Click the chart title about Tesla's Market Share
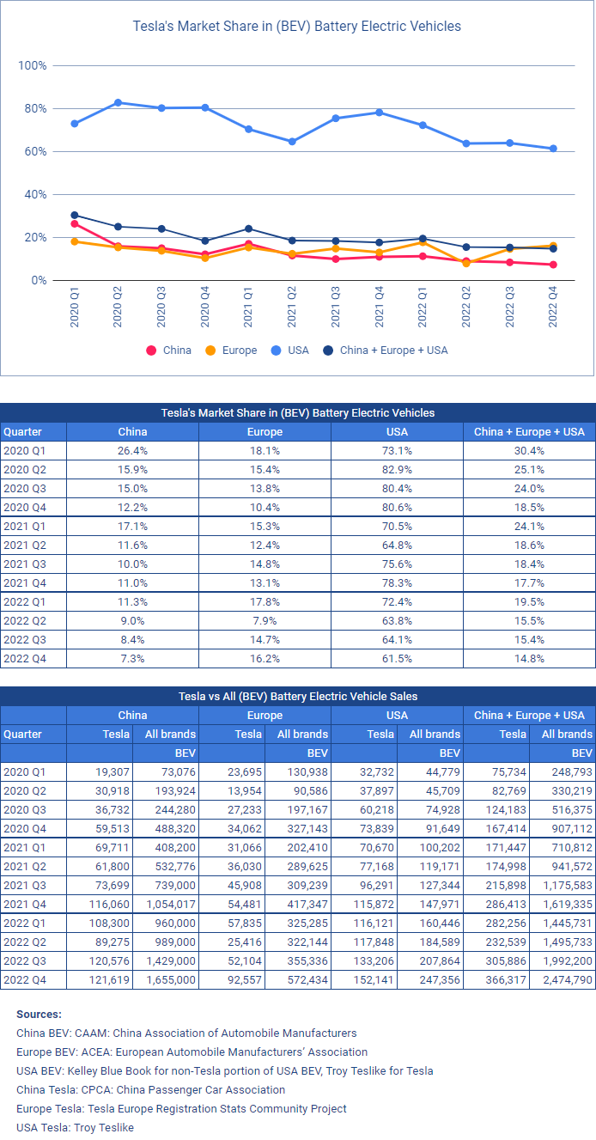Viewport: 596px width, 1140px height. click(297, 26)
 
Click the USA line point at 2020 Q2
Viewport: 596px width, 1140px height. click(118, 102)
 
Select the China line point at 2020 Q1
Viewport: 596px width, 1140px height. click(75, 223)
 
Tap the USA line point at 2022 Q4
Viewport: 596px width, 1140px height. click(553, 149)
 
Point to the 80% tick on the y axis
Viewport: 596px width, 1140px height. click(33, 108)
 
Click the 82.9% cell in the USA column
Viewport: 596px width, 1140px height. click(397, 469)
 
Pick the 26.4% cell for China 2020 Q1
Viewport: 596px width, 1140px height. click(132, 450)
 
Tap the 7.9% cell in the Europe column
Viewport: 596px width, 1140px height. click(265, 620)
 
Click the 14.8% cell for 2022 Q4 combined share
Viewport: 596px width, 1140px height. click(529, 658)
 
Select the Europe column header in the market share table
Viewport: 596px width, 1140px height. click(265, 431)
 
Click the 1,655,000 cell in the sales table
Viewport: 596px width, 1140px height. click(172, 979)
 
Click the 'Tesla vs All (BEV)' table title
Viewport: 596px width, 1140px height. click(297, 696)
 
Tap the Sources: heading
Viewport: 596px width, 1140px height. click(39, 1014)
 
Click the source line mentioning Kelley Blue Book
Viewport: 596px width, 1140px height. click(225, 1070)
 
